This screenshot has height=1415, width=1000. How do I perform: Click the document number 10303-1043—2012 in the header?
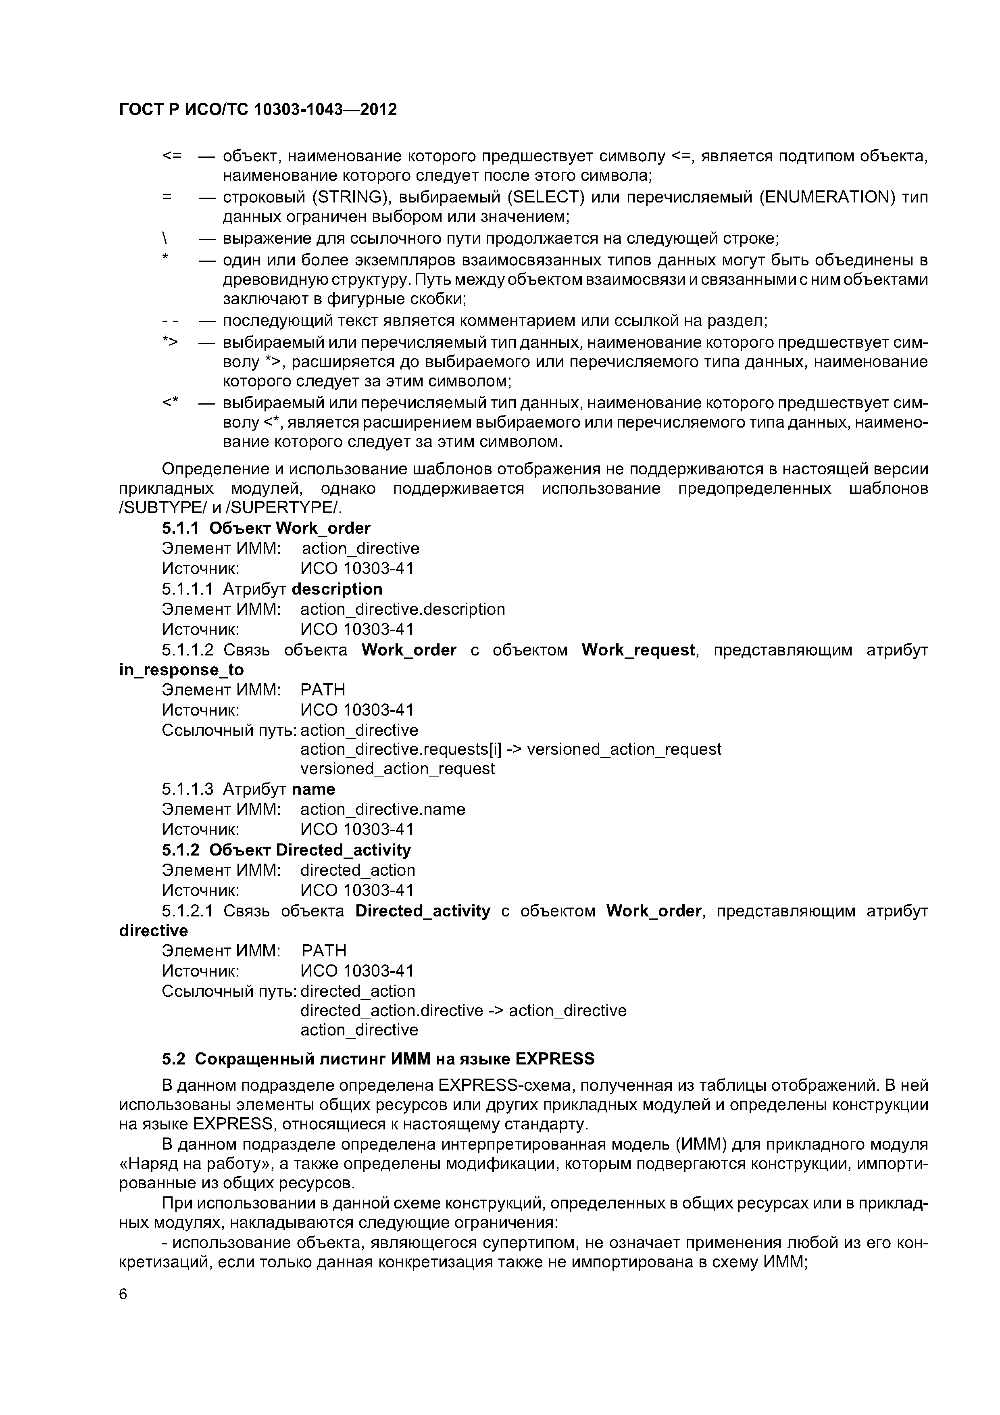coord(325,110)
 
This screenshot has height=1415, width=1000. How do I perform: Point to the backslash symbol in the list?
coord(165,238)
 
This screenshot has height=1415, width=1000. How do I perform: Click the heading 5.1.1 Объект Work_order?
coord(266,528)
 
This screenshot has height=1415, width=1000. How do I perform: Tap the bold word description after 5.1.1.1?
coord(337,589)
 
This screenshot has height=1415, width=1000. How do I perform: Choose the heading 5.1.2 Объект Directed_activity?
coord(287,850)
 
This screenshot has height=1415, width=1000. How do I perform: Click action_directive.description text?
coord(402,609)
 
